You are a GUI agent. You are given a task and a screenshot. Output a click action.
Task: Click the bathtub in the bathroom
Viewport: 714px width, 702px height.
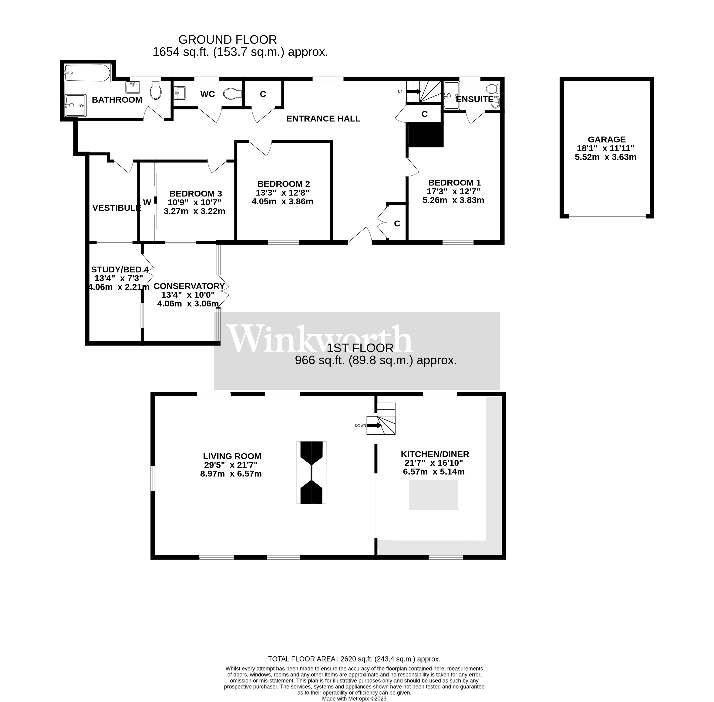pos(87,73)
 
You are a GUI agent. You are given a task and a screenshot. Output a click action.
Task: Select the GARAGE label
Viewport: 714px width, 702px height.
pos(606,139)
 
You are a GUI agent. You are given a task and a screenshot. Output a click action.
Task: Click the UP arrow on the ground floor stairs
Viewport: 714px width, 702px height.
pos(414,91)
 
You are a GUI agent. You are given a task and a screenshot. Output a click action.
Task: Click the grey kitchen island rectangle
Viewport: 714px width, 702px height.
pos(433,495)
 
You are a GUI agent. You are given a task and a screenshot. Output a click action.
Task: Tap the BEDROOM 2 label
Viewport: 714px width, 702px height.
pos(283,184)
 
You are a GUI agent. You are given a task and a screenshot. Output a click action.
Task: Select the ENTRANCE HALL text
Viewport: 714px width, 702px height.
pos(323,118)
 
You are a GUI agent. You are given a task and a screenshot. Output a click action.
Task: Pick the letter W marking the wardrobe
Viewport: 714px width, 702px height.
pos(147,202)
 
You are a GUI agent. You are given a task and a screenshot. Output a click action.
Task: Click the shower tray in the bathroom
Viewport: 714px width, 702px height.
pos(75,105)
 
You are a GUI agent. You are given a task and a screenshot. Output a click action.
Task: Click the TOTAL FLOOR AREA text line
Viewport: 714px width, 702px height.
pos(354,659)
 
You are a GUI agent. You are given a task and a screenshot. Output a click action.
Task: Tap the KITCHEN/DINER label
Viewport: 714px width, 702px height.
pos(435,454)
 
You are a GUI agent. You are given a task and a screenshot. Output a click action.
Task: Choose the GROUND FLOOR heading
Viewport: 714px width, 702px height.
pos(227,39)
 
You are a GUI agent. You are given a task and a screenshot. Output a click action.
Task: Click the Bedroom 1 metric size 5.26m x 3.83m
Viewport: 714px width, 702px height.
pos(453,200)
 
